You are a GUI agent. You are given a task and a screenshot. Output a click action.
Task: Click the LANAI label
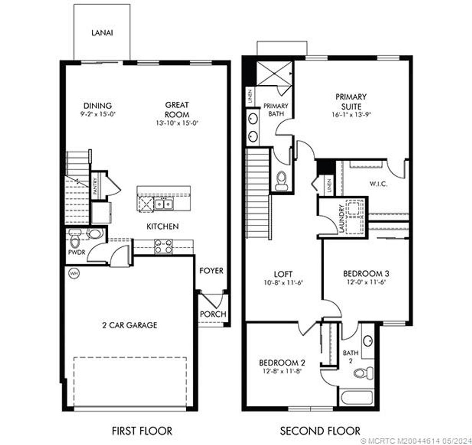102,33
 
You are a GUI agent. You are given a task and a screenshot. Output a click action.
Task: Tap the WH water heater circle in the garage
73,274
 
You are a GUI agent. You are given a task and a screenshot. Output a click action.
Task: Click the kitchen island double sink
163,203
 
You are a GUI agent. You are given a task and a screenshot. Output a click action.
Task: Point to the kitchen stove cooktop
163,246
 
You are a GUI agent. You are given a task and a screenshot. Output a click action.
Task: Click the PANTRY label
95,188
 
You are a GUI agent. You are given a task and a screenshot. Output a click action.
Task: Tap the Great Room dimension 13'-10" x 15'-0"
177,123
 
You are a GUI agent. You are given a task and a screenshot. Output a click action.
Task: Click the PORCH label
213,314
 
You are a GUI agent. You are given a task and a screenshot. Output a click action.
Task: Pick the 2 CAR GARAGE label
130,325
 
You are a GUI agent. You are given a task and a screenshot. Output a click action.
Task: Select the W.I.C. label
378,184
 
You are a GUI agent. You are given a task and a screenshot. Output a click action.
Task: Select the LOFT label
283,274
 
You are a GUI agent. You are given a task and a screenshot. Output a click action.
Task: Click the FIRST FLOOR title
142,431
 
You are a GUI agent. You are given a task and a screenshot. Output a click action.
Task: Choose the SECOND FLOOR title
320,431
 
